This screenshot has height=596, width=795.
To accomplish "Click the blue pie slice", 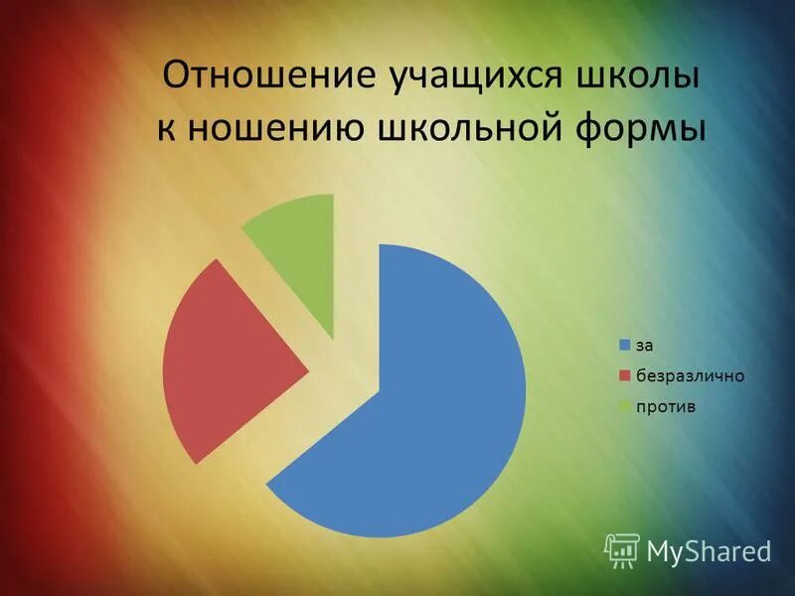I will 427,397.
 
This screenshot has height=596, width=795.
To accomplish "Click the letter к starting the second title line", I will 166,131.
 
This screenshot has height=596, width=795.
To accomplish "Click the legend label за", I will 645,346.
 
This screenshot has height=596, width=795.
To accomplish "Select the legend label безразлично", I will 690,375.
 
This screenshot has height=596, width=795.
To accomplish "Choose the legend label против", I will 667,406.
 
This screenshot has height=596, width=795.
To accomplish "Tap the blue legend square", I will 625,346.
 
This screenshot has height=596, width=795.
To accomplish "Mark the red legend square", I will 625,375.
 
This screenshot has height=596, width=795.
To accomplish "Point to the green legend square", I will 625,406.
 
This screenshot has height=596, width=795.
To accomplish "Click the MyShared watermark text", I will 709,549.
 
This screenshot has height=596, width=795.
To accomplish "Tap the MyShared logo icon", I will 622,548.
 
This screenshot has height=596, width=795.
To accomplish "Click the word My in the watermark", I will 663,550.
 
